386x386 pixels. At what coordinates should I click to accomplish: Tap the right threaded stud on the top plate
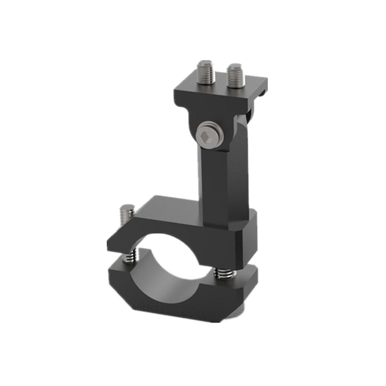(236, 75)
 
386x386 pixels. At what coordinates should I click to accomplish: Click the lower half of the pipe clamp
(170, 298)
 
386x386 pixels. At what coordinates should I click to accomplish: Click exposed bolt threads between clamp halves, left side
(130, 257)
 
